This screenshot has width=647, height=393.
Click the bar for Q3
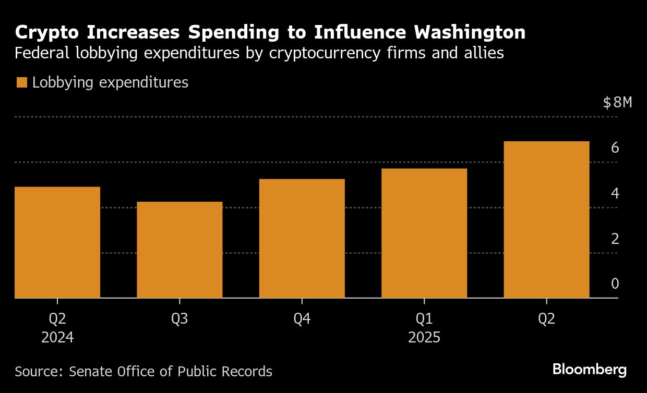(179, 250)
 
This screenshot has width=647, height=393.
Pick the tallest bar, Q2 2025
(546, 219)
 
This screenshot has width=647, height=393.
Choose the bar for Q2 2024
(57, 242)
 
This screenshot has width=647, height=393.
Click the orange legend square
(21, 82)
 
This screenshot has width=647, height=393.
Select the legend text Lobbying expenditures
(110, 82)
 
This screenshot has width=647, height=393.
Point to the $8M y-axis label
(617, 103)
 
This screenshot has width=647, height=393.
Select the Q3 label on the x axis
(179, 319)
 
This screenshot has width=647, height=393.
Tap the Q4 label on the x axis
(302, 319)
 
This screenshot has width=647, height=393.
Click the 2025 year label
(424, 338)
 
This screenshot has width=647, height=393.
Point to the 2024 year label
(57, 338)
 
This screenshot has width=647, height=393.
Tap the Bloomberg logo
(589, 370)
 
